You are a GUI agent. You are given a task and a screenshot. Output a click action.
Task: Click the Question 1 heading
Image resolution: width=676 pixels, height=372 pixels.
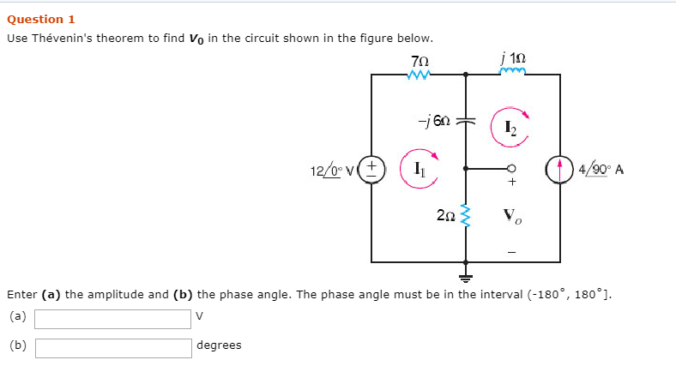[41, 19]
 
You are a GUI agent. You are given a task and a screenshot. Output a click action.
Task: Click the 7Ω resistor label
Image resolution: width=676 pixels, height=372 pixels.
[419, 62]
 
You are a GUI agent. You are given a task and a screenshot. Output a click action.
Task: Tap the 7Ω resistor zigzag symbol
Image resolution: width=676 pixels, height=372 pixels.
[419, 75]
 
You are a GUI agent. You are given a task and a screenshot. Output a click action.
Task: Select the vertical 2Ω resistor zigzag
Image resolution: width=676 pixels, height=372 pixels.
[466, 217]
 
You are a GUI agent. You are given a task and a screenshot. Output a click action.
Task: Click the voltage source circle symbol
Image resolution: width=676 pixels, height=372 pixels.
[371, 168]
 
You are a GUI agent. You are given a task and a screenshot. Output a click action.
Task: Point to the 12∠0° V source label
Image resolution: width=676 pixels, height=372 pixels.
[333, 170]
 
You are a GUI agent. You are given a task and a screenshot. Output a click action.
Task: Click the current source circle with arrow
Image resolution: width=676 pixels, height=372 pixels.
[560, 168]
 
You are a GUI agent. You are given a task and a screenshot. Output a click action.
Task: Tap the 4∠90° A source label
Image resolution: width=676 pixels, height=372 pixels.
[601, 169]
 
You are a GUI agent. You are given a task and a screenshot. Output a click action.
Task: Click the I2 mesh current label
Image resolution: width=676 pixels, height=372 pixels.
[510, 129]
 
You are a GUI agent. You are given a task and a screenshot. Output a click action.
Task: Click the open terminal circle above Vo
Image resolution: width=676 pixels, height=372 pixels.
[512, 169]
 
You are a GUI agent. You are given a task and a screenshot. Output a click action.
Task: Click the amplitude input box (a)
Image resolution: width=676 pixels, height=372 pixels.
[112, 319]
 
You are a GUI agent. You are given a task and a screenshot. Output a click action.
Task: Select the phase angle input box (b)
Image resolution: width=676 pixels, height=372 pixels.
[112, 347]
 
